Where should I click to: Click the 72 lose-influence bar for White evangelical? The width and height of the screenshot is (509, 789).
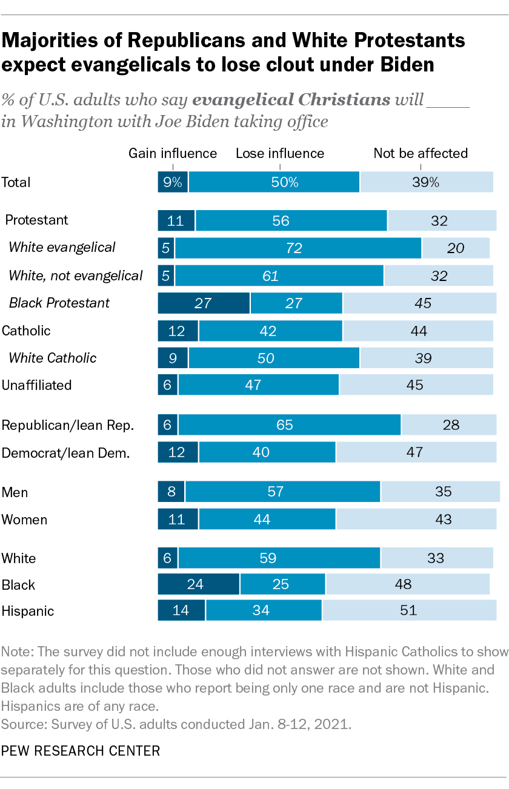298,248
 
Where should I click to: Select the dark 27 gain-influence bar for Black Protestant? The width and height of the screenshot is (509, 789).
204,303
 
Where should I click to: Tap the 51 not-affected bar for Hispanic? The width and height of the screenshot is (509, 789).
408,610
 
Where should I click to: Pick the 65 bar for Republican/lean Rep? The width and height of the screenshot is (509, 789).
289,425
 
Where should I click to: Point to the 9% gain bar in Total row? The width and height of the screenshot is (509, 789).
173,182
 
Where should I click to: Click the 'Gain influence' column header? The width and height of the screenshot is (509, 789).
173,153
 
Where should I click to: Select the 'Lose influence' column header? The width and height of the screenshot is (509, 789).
280,153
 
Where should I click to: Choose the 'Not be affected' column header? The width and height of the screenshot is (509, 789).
421,153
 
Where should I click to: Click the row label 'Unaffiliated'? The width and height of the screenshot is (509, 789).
37,385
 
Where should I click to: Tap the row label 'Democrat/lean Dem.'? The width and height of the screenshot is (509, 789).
65,452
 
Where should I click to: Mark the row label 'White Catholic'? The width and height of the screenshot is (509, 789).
52,358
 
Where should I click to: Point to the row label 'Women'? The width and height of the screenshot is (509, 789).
24,520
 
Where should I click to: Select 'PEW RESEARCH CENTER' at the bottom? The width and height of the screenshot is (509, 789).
81,751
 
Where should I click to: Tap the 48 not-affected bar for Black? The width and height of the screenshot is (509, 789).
407,584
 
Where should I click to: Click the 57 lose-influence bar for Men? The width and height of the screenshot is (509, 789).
282,492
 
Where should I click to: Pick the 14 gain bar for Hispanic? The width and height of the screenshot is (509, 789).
181,610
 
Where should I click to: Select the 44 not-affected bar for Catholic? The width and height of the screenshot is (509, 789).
419,331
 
